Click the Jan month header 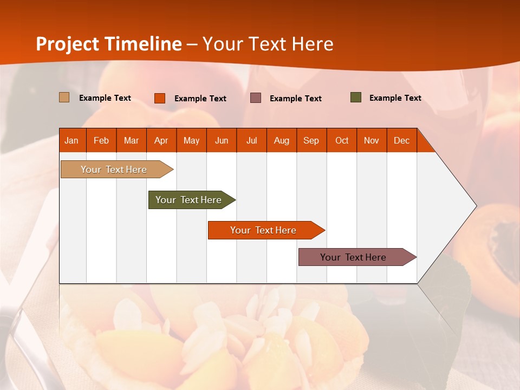pos(72,140)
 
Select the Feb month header pos(101,140)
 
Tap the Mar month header pos(131,140)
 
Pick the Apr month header pos(161,140)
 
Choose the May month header pos(191,140)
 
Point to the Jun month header pos(222,140)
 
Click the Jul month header pos(251,140)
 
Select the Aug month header pos(282,140)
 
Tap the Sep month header pos(311,140)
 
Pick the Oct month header pos(342,140)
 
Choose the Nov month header pos(372,140)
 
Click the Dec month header pos(402,140)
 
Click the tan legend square pos(64,97)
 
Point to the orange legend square pos(160,98)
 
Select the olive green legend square pos(356,97)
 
